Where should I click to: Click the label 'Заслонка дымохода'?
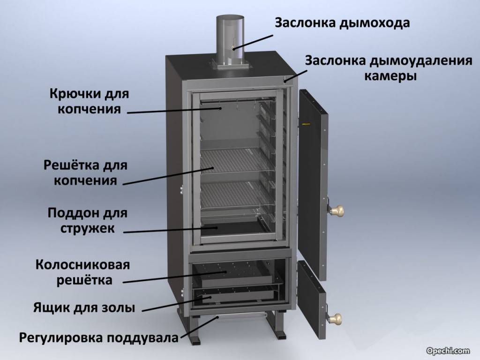point(342,23)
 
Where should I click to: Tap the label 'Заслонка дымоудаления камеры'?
point(389,68)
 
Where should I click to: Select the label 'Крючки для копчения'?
point(89,102)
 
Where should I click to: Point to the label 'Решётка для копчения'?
point(85,172)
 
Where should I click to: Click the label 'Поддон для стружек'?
point(88,220)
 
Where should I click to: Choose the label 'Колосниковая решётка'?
point(82,272)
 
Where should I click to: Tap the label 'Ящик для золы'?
point(84,307)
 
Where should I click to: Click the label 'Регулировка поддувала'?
point(99,337)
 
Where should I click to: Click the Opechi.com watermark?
point(448,351)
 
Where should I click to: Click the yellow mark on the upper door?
point(306,124)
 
